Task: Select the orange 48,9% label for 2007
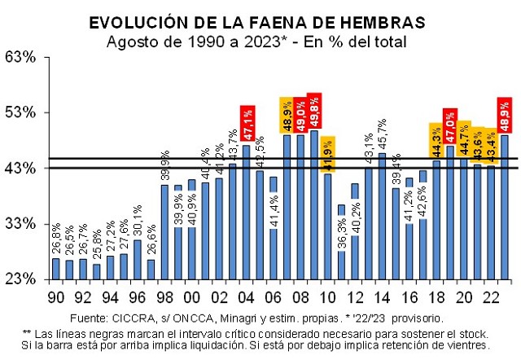[287, 113]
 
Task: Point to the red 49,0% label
[300, 112]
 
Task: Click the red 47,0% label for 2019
[449, 125]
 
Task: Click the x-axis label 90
[55, 299]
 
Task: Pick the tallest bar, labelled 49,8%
[314, 204]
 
